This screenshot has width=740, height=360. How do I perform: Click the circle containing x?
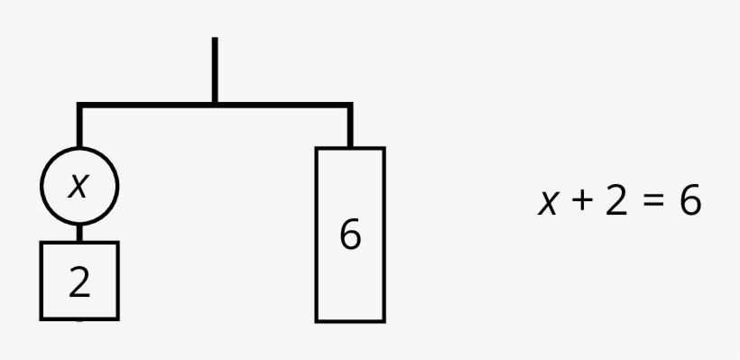(x=79, y=186)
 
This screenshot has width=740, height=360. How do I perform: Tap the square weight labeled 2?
(x=79, y=281)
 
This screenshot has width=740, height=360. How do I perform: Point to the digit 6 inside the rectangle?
(x=350, y=235)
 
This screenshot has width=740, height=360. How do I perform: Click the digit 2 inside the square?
(x=79, y=282)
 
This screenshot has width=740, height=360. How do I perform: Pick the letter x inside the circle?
(x=79, y=186)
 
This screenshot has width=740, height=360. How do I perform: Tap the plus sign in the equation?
(x=578, y=202)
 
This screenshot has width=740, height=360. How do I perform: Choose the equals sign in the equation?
(x=651, y=203)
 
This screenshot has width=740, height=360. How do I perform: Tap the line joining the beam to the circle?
(x=79, y=128)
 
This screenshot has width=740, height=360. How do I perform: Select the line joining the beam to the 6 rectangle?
(x=350, y=128)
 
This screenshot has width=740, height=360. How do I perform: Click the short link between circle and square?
(x=79, y=233)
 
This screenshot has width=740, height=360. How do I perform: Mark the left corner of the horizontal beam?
(x=79, y=106)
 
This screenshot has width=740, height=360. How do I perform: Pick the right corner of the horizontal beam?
(x=350, y=106)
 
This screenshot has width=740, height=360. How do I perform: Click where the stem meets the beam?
(x=214, y=105)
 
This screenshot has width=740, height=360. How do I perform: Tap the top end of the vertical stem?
(x=214, y=40)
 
